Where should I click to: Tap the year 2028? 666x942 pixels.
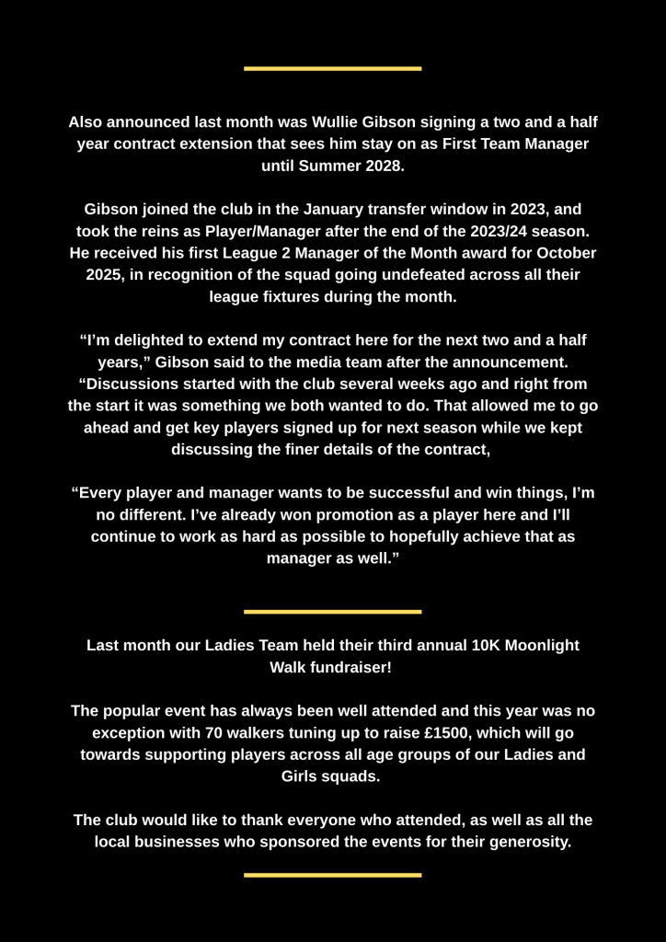point(383,166)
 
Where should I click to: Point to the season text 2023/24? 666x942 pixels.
point(471,231)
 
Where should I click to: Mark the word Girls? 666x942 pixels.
point(304,775)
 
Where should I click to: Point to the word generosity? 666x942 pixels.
point(521,841)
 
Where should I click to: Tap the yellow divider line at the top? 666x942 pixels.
point(332,68)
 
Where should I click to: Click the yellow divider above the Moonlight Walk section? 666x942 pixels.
point(332,611)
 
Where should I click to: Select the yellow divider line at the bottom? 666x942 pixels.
point(332,875)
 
